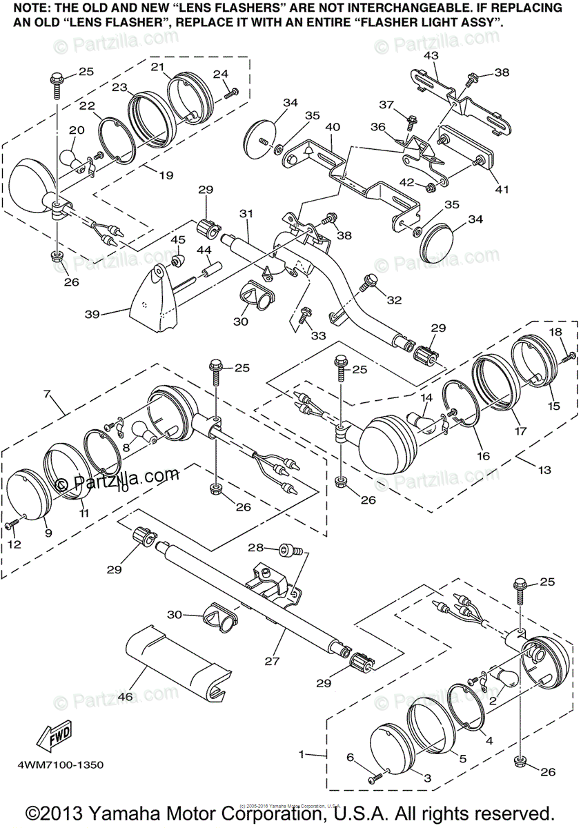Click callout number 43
pos(431,55)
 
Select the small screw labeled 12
pos(12,526)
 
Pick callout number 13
pos(544,470)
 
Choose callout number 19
pos(166,175)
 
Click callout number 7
pos(47,394)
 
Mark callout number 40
pos(333,128)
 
